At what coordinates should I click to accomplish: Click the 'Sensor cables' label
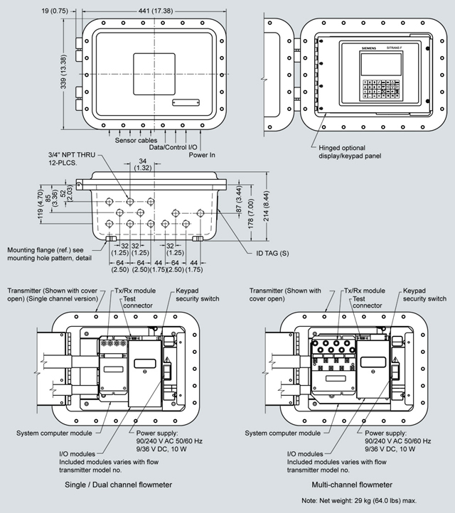(136, 141)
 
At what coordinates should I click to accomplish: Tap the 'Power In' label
(203, 154)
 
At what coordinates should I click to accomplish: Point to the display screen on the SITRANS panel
(361, 64)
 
